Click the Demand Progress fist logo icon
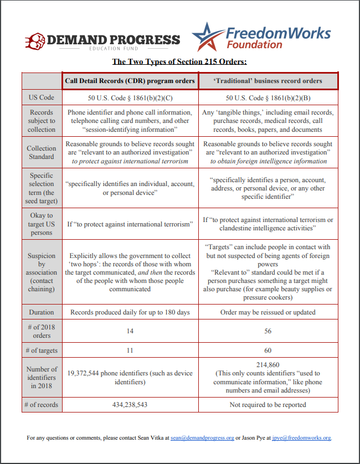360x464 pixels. pos(34,40)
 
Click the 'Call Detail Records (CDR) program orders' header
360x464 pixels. pos(130,81)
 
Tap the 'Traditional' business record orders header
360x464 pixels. pos(268,81)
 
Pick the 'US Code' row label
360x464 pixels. pos(42,97)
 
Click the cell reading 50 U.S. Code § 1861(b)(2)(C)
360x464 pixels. pos(130,97)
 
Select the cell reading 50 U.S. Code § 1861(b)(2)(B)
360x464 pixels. pos(268,97)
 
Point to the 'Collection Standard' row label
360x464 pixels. pos(42,153)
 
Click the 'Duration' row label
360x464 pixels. pos(42,312)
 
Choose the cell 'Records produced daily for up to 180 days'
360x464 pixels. pos(130,312)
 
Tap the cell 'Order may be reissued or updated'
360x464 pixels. pos(268,312)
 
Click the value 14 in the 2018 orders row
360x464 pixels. pos(130,331)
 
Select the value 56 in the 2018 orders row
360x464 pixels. pos(268,331)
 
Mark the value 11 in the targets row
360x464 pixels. pos(130,350)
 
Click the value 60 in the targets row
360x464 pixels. pos(268,350)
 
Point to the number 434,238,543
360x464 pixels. pos(130,405)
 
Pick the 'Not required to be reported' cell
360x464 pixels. pos(268,405)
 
